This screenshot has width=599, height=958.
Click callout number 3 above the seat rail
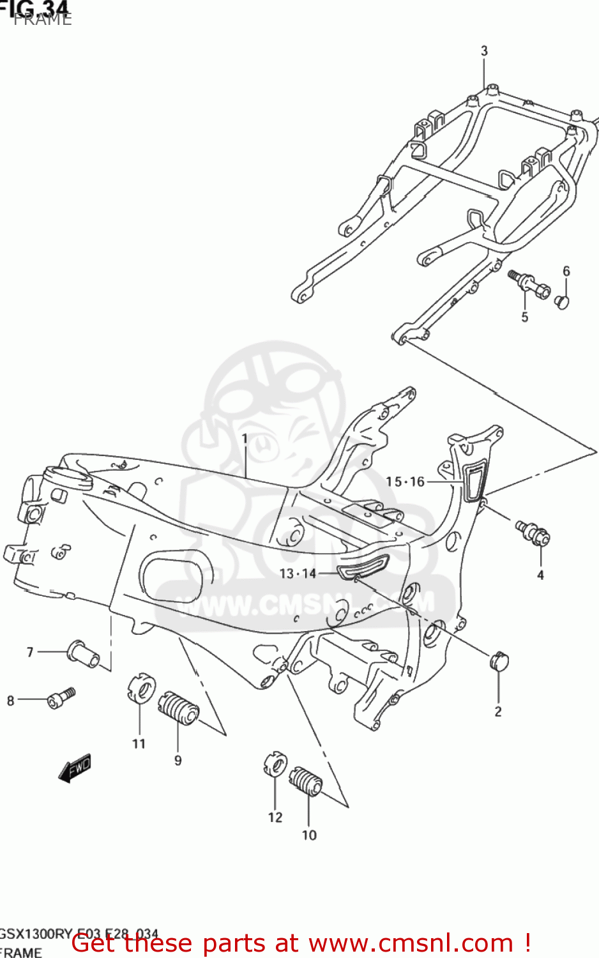(x=484, y=50)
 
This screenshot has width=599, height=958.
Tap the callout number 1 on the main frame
(x=244, y=439)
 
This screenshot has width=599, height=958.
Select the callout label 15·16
(x=405, y=482)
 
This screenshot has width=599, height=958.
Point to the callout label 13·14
(x=298, y=574)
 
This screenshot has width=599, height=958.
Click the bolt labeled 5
(x=529, y=284)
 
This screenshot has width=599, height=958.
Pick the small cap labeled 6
(x=562, y=300)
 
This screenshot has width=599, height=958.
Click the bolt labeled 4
(x=534, y=533)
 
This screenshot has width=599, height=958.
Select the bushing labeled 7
(x=83, y=653)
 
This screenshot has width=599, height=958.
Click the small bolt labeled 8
(x=61, y=698)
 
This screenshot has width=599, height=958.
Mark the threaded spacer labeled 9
(x=179, y=708)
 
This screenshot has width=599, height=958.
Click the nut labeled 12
(x=275, y=764)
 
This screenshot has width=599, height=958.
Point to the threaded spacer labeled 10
(x=307, y=781)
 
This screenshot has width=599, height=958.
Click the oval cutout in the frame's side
(x=173, y=576)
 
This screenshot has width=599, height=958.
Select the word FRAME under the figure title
(x=43, y=20)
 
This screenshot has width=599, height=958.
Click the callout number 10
(x=309, y=835)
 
